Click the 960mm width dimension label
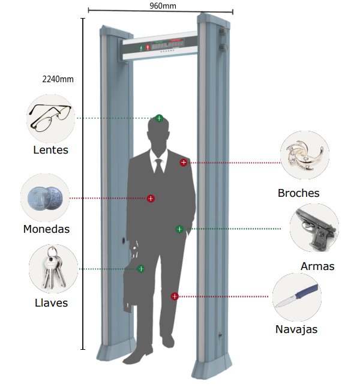(163, 6)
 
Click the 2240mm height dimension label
(58, 79)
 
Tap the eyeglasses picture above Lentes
(51, 118)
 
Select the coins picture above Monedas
(45, 197)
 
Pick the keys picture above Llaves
(53, 269)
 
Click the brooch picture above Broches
(304, 156)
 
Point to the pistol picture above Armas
(314, 228)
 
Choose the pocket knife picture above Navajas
(296, 296)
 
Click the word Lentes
(50, 150)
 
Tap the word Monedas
(46, 229)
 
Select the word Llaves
(51, 303)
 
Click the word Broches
(298, 193)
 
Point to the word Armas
(317, 266)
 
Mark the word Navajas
(296, 329)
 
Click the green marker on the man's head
(159, 118)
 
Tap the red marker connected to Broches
(184, 163)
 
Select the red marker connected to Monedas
(151, 198)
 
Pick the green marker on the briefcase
(141, 269)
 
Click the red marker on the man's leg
(174, 296)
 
